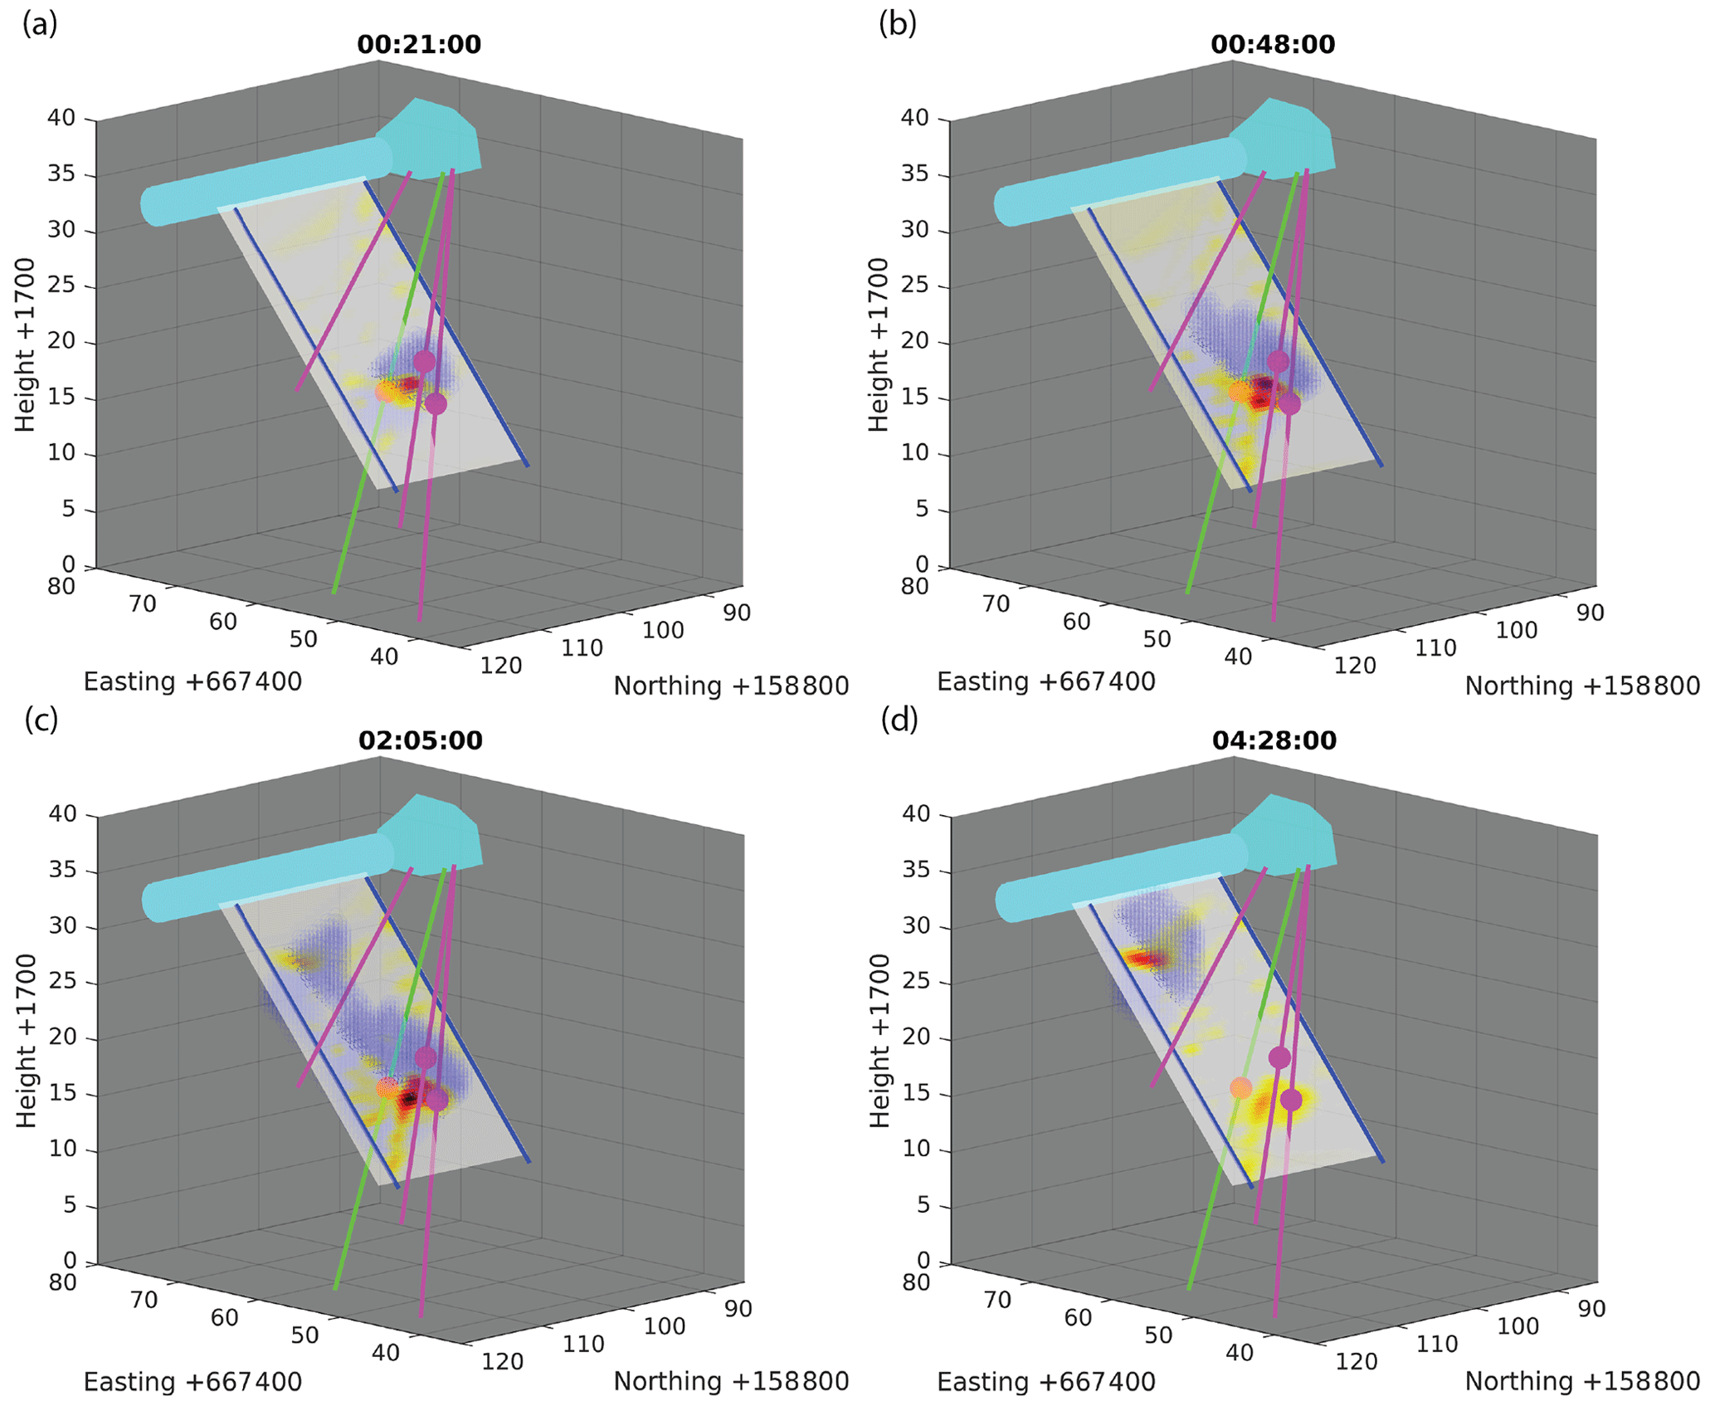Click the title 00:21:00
coord(419,45)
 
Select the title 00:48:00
coord(1273,45)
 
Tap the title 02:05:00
coord(420,740)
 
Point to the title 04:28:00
coord(1274,740)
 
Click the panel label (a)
coord(40,25)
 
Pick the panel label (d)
coord(899,720)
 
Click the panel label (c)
coord(41,720)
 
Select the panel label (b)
coord(898,25)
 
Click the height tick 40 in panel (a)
coord(61,118)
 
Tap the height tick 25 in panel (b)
coord(914,286)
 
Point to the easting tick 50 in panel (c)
coord(305,1335)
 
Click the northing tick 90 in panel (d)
coord(1591,1308)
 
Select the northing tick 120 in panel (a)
coord(502,665)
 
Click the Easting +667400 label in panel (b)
coord(1045,682)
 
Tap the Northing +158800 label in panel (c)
coord(731,1381)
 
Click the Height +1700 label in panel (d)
coord(879,1041)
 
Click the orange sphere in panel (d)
coord(1240,1087)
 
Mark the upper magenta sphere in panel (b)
coord(1278,361)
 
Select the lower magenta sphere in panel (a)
coord(436,404)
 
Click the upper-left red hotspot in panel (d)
coord(1145,959)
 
